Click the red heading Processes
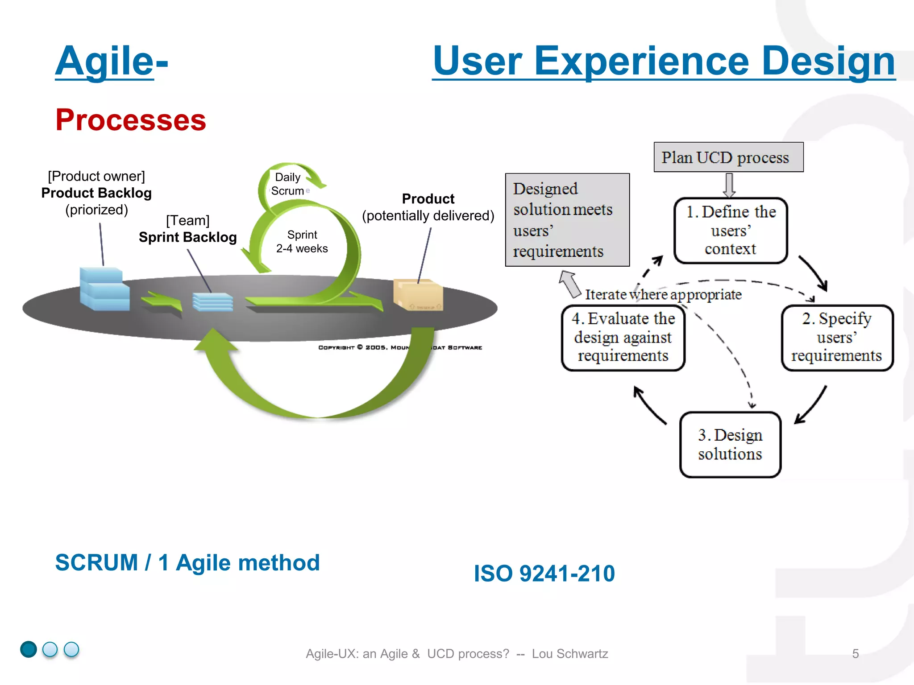tap(131, 120)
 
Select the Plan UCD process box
tap(728, 157)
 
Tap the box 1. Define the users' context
tap(731, 230)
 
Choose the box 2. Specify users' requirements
tap(837, 338)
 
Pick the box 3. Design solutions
tap(730, 444)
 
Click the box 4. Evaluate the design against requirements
tap(623, 338)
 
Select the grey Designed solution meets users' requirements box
tap(567, 220)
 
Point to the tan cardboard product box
tap(418, 295)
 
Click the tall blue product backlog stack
tap(104, 289)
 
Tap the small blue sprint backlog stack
tap(212, 302)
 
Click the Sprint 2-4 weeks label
tap(302, 242)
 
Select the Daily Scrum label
tap(288, 184)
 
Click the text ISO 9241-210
tap(544, 574)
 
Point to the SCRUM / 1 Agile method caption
tap(187, 563)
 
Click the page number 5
tap(855, 654)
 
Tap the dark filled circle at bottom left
tap(29, 649)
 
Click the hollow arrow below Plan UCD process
tap(729, 185)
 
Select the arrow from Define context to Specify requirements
tap(814, 273)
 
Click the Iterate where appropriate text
tap(663, 295)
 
